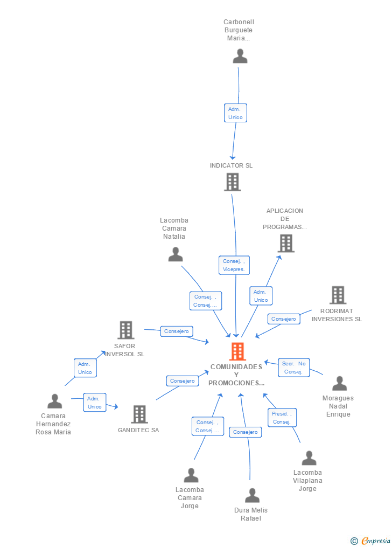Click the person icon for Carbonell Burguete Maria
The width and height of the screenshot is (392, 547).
pyautogui.click(x=240, y=56)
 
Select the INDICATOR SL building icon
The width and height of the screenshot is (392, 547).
pyautogui.click(x=232, y=182)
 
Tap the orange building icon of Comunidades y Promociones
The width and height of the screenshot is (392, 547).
pyautogui.click(x=237, y=351)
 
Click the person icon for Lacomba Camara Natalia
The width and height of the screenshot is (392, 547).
pyautogui.click(x=176, y=254)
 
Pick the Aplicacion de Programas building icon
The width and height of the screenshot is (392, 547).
pyautogui.click(x=286, y=244)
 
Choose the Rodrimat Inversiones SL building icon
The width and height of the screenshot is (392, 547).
pyautogui.click(x=338, y=295)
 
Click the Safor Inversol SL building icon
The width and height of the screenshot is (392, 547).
pyautogui.click(x=125, y=330)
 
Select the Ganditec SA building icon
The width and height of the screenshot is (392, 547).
pyautogui.click(x=139, y=414)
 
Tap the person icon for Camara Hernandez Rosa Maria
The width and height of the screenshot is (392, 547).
pyautogui.click(x=54, y=401)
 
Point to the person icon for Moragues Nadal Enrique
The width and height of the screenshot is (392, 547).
pyautogui.click(x=339, y=384)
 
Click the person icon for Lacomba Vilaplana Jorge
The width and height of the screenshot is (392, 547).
pyautogui.click(x=309, y=458)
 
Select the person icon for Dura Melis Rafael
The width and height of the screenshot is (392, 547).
pyautogui.click(x=252, y=495)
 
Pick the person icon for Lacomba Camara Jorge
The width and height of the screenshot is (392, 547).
pyautogui.click(x=191, y=475)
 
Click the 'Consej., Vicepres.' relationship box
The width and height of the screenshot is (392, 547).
pyautogui.click(x=234, y=265)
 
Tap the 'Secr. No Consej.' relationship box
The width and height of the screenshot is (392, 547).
pyautogui.click(x=293, y=368)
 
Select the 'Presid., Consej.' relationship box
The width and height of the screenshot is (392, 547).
pyautogui.click(x=282, y=418)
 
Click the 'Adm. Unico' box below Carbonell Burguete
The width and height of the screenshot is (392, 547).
pyautogui.click(x=235, y=113)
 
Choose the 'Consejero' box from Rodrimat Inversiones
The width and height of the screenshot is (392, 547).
pyautogui.click(x=284, y=319)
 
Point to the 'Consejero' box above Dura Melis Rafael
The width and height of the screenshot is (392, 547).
pyautogui.click(x=246, y=432)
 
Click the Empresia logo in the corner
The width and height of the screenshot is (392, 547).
pyautogui.click(x=371, y=541)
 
